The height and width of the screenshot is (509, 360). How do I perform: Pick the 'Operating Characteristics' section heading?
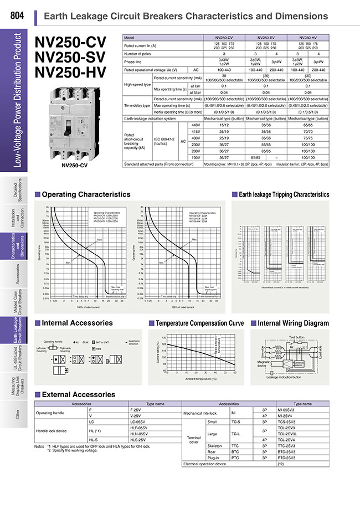pos(86,194)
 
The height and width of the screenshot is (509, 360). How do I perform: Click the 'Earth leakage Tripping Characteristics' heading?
pos(284,194)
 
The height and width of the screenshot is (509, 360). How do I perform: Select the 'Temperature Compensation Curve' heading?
pos(200,323)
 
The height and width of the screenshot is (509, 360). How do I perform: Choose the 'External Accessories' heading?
pos(79,395)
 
